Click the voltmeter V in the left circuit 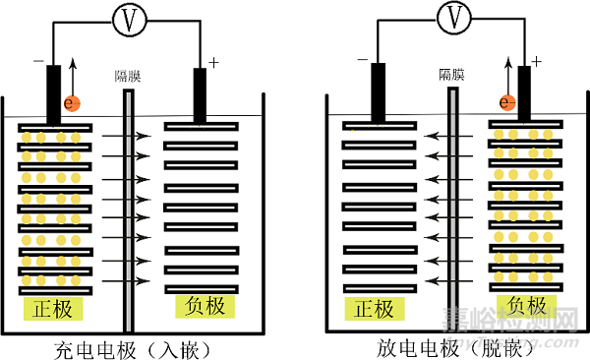(x=127, y=18)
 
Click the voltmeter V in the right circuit (x=453, y=16)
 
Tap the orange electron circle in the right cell (x=506, y=101)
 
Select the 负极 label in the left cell (x=204, y=307)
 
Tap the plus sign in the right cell (x=537, y=61)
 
